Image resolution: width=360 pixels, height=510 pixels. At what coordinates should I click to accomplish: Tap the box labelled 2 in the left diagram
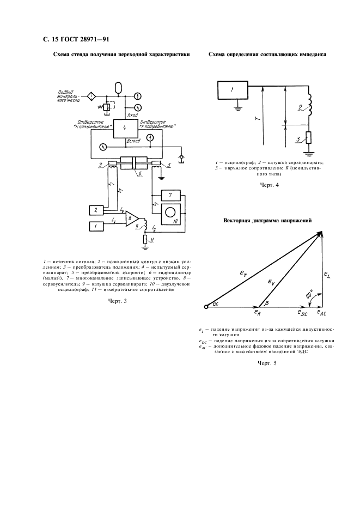pos(95,210)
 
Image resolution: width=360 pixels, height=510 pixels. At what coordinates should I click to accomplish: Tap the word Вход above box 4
pos(132,115)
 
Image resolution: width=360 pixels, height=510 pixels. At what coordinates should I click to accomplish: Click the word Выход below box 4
pos(133,141)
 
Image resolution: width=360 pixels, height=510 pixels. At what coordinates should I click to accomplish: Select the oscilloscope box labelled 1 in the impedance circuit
pos(232,89)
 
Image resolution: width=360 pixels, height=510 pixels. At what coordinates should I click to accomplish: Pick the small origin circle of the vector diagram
pos(206,308)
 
